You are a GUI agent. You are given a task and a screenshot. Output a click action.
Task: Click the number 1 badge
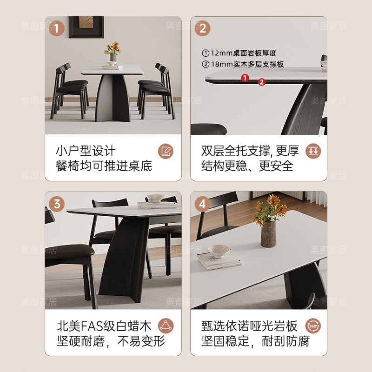point(57,28)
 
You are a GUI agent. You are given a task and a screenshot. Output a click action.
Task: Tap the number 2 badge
point(202,28)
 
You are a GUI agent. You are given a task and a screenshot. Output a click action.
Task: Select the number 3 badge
point(57,203)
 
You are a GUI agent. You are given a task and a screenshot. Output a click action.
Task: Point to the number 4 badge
point(202,203)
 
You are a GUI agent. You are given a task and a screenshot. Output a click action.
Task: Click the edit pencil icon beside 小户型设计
point(166,151)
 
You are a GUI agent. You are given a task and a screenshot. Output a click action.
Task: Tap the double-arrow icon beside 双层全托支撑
point(313,151)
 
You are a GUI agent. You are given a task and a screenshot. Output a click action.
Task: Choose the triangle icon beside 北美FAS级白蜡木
point(166,325)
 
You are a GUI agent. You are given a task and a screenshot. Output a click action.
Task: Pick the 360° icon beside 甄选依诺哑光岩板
point(313,325)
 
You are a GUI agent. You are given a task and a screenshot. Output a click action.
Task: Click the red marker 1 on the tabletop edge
point(245,78)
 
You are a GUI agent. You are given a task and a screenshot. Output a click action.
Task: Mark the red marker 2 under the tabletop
point(261,82)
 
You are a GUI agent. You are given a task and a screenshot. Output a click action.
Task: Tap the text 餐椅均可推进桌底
point(104,166)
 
